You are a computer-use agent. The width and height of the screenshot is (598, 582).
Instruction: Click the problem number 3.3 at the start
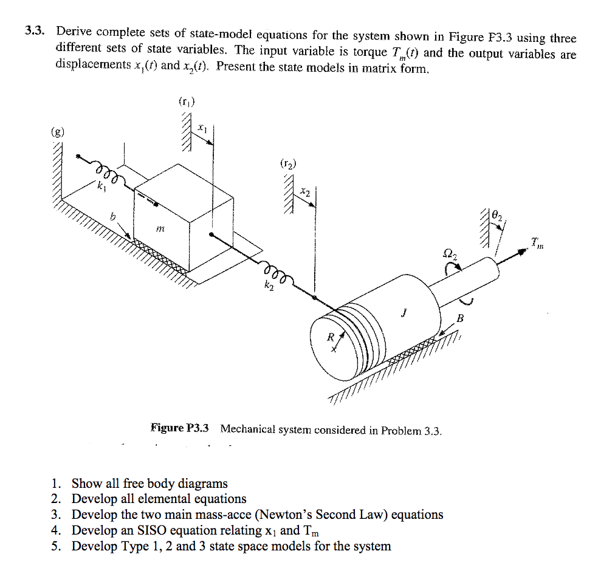[35, 31]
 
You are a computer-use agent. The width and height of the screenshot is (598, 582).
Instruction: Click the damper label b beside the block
[112, 216]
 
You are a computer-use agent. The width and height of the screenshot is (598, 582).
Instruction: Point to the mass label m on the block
[160, 228]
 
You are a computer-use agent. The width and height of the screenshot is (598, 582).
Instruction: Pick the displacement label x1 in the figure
[202, 128]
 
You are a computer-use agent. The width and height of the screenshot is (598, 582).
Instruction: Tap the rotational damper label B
[460, 317]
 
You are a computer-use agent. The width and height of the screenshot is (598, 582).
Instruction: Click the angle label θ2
[497, 214]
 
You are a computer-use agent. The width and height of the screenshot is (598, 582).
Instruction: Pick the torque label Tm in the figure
[537, 243]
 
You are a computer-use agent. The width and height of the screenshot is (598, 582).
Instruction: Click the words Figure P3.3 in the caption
[180, 428]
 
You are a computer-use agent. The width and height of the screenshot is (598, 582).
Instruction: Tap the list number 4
[56, 530]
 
